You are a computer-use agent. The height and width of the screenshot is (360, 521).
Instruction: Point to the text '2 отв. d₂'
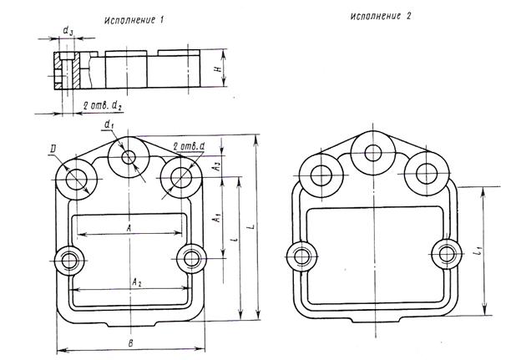pos(105,105)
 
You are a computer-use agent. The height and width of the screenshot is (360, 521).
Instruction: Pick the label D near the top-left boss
pos(54,150)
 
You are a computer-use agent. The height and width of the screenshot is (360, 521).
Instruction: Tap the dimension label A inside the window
pos(129,226)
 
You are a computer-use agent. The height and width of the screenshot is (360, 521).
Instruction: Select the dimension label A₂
pos(134,283)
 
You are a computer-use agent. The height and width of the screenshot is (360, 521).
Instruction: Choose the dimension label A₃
pos(215,167)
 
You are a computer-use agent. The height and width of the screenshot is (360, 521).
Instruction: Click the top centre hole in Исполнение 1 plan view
pos(128,157)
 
